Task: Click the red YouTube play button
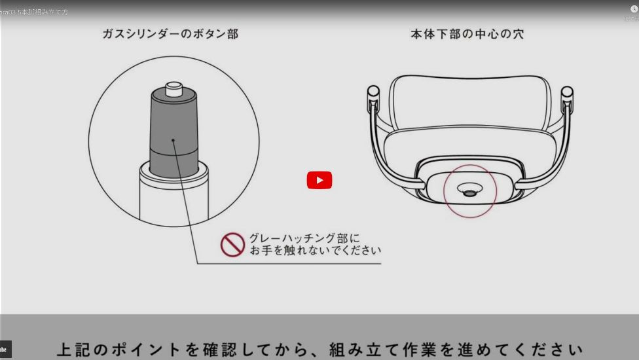coord(319,180)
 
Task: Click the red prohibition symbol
coord(232,244)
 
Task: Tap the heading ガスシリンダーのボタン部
coord(170,34)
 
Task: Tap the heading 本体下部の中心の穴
coord(467,34)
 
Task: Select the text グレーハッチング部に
coord(304,238)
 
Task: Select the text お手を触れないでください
coord(315,251)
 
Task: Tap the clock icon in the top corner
coord(634,9)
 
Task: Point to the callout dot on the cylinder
coord(173,139)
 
